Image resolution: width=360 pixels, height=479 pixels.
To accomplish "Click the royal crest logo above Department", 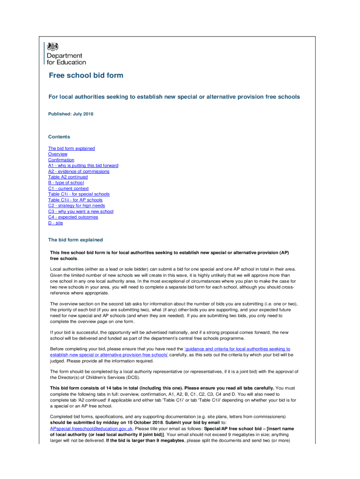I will click(54, 46).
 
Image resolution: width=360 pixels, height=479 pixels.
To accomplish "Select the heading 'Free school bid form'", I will click(86, 75).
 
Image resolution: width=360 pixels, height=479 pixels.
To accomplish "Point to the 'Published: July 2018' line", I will click(71, 114).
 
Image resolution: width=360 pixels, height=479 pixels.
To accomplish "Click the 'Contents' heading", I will click(59, 137).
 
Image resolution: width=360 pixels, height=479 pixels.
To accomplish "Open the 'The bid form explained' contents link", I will click(71, 148).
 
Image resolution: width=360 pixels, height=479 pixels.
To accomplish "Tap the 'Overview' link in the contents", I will click(58, 154).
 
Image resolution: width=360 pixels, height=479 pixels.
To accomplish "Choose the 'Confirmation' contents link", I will click(61, 160).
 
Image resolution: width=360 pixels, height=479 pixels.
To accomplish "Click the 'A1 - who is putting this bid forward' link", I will click(83, 166).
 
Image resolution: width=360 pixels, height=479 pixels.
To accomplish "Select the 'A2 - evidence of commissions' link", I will click(79, 171).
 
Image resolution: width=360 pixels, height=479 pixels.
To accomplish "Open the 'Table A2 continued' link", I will click(68, 177).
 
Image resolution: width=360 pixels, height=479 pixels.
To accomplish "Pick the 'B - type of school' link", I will click(66, 183).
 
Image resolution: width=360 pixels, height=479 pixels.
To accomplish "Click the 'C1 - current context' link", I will click(68, 189).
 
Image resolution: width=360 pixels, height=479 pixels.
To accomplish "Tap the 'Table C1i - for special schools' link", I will click(79, 194).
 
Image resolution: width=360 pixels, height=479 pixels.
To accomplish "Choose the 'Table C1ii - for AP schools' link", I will click(75, 200).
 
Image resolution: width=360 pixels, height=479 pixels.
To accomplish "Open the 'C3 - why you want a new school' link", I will click(80, 211).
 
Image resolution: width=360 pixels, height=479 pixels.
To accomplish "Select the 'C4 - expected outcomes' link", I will click(73, 217).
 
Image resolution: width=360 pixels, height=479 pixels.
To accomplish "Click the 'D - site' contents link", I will click(55, 223).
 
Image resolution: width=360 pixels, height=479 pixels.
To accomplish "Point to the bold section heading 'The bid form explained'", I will click(75, 240).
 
